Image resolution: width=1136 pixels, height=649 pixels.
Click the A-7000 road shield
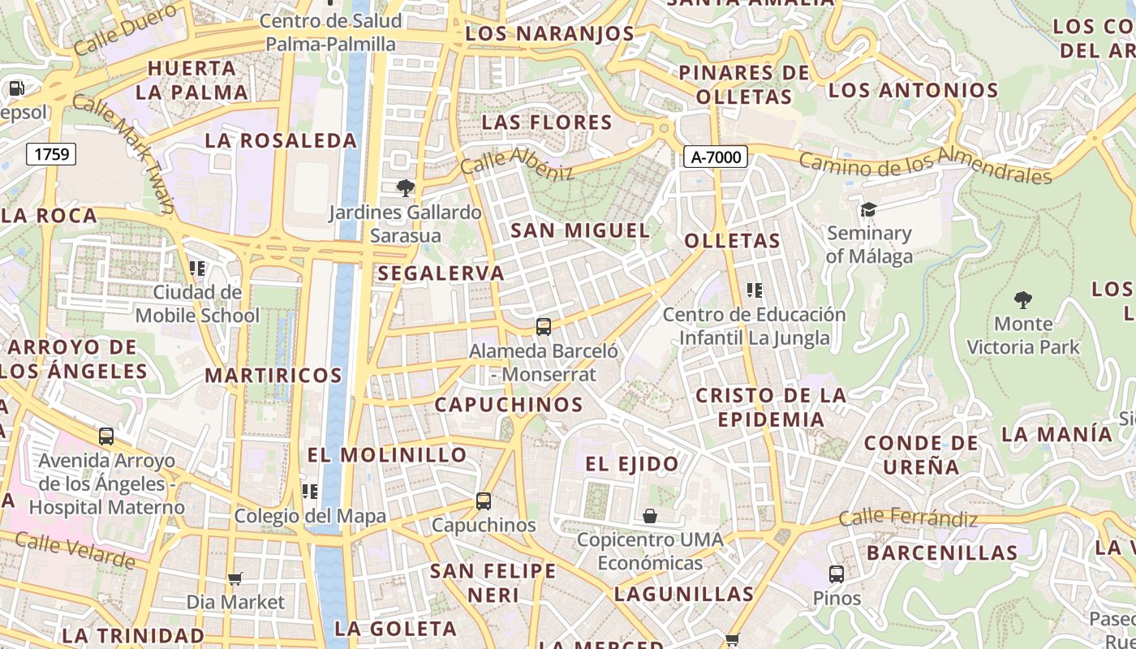point(715,157)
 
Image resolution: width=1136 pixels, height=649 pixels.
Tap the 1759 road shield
point(51,153)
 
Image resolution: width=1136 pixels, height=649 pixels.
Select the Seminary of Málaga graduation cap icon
point(868,210)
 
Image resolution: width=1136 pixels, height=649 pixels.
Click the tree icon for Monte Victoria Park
point(1022,300)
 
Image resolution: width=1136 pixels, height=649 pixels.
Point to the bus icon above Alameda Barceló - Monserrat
point(544,327)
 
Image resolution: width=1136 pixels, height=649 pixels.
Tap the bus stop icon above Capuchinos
point(484,501)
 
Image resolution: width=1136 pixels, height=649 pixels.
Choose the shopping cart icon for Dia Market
point(235,578)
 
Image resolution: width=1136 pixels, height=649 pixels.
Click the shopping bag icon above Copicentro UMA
point(650,516)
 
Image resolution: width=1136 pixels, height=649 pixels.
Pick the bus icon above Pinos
point(837,574)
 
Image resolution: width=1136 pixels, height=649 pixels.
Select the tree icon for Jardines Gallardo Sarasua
point(404,189)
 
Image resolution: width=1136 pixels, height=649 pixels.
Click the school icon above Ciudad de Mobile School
point(197,268)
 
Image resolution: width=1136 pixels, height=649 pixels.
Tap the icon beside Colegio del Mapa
point(310,492)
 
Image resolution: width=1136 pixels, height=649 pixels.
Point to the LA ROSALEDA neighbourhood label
point(281,140)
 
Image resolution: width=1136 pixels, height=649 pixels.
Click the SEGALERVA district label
point(441,273)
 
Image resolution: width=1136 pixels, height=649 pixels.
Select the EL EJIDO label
point(632,464)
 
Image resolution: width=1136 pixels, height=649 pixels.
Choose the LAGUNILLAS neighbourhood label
point(684,594)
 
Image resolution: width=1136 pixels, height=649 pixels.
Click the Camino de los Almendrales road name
point(925,165)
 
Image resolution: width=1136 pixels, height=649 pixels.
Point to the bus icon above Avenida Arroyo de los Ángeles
point(106,436)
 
